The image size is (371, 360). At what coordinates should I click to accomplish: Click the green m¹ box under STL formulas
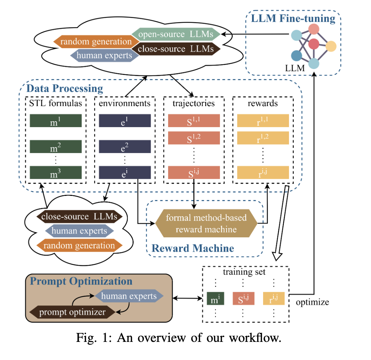tap(55, 121)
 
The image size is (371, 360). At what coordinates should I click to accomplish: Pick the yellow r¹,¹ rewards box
tap(263, 121)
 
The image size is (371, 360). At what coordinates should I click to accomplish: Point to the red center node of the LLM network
tap(314, 44)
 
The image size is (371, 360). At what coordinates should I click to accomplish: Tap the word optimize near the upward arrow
tap(313, 302)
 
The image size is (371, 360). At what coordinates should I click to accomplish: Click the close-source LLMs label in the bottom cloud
tap(79, 216)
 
